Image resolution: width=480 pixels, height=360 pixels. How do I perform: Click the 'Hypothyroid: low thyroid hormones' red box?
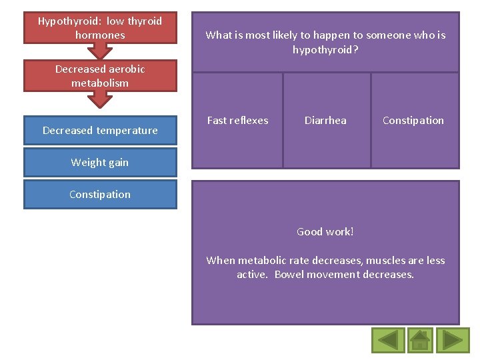[x=100, y=28]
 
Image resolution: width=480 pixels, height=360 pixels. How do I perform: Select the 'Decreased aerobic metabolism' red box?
[x=100, y=76]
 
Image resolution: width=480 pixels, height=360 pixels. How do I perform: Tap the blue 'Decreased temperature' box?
[x=100, y=130]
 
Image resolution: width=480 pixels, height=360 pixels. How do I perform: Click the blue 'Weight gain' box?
[x=100, y=162]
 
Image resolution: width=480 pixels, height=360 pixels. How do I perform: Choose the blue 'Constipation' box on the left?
[x=100, y=194]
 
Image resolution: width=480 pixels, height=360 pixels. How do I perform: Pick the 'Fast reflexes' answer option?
[x=237, y=121]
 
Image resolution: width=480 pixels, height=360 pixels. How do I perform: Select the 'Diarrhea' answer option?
[x=325, y=121]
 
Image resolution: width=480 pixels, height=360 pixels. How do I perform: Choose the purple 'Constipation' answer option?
[x=413, y=121]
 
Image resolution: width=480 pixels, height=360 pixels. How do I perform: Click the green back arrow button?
[x=387, y=340]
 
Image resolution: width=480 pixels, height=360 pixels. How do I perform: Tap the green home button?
[x=420, y=340]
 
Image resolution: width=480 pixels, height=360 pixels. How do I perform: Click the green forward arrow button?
[x=453, y=340]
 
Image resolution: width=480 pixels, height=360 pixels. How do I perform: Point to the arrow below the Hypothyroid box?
[x=100, y=51]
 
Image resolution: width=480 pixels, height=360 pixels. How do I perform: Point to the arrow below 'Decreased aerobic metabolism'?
[x=100, y=99]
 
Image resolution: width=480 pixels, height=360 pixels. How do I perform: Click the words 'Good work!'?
[x=325, y=232]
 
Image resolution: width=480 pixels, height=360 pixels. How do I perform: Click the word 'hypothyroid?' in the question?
[x=325, y=49]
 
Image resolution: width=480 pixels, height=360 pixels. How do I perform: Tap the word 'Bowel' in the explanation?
[x=289, y=275]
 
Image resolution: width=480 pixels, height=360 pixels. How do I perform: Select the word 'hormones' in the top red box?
[x=100, y=35]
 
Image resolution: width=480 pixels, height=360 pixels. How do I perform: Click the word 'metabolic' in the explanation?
[x=261, y=261]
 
